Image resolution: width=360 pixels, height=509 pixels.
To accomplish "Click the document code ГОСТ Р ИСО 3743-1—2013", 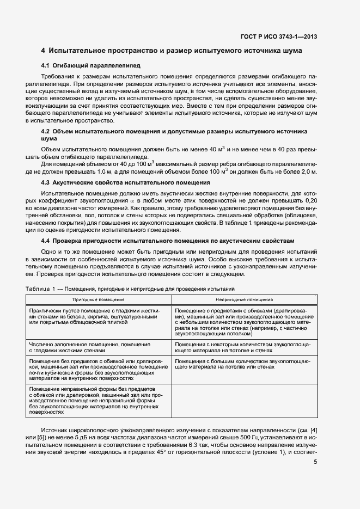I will click(278, 37).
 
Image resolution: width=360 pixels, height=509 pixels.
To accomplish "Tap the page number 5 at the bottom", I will click(316, 462).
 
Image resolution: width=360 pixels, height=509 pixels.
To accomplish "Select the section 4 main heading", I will click(172, 51).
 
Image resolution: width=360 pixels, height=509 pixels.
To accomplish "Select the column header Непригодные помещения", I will click(244, 299).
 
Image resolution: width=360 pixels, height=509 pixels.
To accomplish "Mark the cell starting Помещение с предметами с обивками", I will click(244, 321).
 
